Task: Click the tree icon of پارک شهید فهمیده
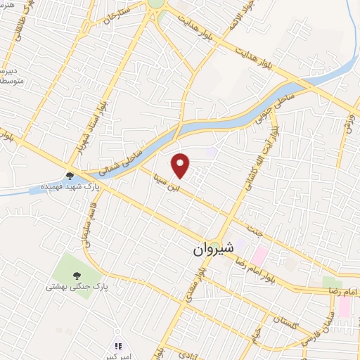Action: pyautogui.click(x=69, y=176)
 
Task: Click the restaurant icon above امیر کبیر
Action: pyautogui.click(x=118, y=346)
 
